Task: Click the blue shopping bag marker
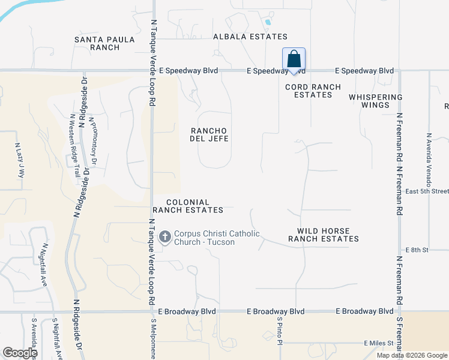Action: tap(294, 60)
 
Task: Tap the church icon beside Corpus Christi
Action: tap(164, 238)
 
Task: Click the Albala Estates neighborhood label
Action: tap(250, 37)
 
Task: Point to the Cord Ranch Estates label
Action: tap(313, 91)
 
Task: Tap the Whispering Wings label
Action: tap(375, 101)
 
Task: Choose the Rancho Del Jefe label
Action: tap(209, 134)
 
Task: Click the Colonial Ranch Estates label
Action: tap(188, 206)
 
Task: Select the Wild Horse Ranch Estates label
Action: tap(323, 235)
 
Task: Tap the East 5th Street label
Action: tap(427, 191)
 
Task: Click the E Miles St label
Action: tap(379, 343)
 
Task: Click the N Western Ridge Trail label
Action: tap(75, 145)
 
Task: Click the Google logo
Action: tap(20, 353)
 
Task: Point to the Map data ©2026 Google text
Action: tap(412, 355)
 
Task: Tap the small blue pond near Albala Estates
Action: tap(267, 23)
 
